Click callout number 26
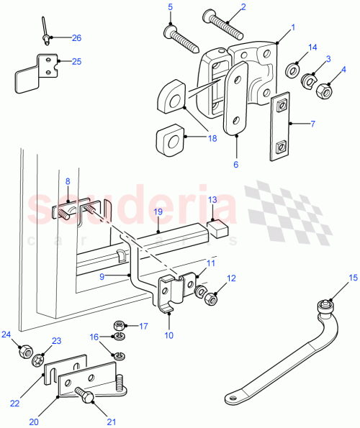click(77, 37)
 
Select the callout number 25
click(76, 62)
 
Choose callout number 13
click(212, 199)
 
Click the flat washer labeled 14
click(294, 71)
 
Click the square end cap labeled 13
click(217, 229)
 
